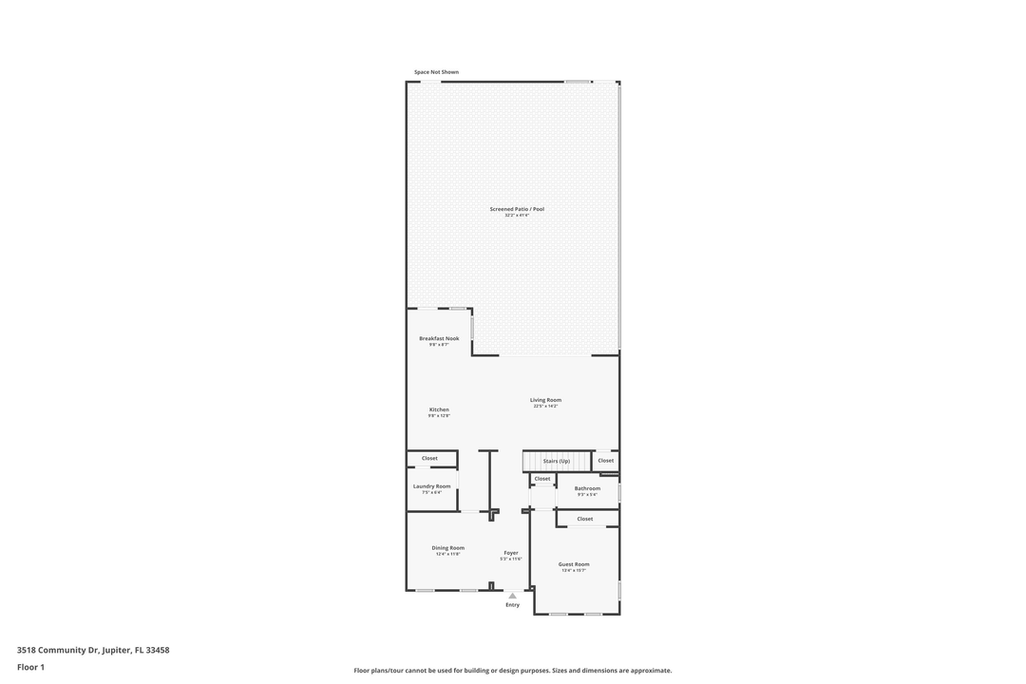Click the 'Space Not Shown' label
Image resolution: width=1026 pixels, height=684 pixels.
click(436, 72)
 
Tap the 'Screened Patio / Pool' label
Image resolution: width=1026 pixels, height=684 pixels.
click(517, 209)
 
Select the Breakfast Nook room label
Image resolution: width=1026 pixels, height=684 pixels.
click(439, 338)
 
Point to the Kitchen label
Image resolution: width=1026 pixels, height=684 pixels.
click(439, 409)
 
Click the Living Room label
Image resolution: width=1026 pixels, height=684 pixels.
click(545, 400)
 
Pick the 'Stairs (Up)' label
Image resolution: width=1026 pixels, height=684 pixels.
click(557, 461)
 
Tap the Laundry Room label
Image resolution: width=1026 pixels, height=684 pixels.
click(431, 486)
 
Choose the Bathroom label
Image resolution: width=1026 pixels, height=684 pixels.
click(587, 488)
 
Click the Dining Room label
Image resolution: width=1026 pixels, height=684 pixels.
click(448, 548)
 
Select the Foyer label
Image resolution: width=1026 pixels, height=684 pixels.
click(511, 553)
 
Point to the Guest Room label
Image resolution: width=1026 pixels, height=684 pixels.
click(574, 564)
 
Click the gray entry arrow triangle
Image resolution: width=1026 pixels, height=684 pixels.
click(512, 596)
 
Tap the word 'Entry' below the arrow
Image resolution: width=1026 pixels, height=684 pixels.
click(512, 605)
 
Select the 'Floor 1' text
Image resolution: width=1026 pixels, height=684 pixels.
click(30, 667)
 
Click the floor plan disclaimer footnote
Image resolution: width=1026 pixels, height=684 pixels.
click(512, 671)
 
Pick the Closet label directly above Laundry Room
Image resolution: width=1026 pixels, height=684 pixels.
click(429, 458)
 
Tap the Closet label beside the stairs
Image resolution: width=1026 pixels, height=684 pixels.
click(606, 461)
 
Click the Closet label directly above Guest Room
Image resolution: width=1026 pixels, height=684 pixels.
click(585, 519)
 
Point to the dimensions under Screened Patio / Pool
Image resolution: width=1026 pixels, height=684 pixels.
click(517, 216)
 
